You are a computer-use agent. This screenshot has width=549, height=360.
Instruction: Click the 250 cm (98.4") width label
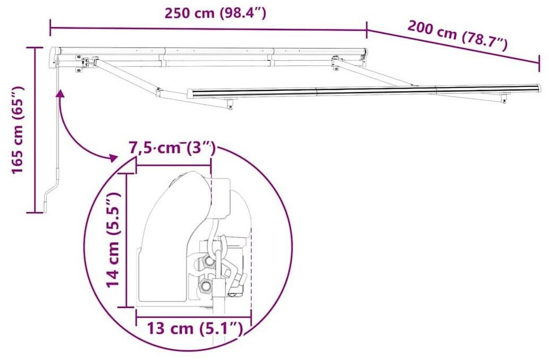click(x=215, y=13)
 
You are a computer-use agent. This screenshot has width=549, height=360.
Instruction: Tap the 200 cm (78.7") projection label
click(x=457, y=35)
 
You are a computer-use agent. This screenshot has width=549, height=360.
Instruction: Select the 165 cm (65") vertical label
click(x=18, y=130)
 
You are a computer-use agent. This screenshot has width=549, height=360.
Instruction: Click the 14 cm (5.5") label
click(x=114, y=240)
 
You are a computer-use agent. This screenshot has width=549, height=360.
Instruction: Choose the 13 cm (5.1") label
click(x=195, y=329)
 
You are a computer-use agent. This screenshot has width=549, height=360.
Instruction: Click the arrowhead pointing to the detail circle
click(x=113, y=158)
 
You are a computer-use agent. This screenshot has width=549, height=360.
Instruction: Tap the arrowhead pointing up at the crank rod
click(x=60, y=93)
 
